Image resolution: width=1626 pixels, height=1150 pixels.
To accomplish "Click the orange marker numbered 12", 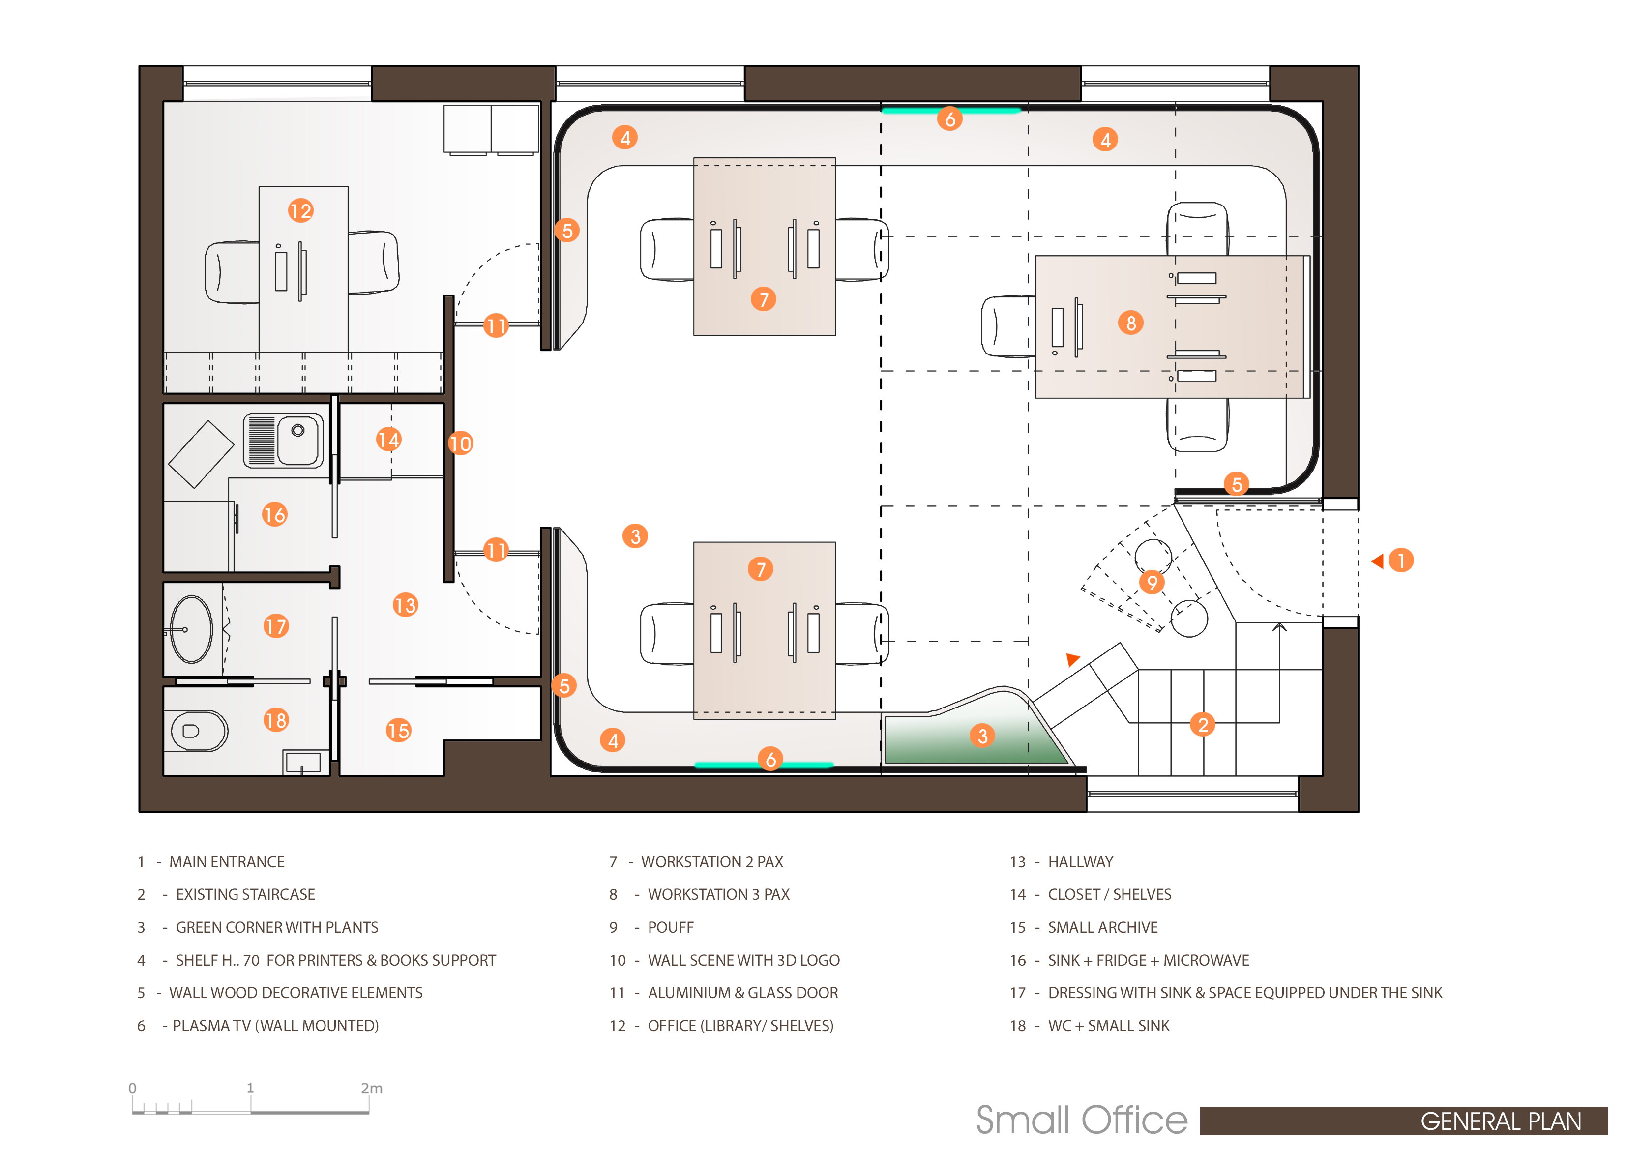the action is point(300,210).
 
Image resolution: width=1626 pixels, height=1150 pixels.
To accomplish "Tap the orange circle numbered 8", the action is point(1130,323).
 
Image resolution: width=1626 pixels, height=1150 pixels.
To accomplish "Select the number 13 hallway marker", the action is point(405,605).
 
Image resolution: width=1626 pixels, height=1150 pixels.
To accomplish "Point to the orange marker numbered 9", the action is point(1152,582).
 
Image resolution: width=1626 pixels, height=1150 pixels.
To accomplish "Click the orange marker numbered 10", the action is point(460,443).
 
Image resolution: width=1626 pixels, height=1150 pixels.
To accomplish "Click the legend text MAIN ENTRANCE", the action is point(227,862).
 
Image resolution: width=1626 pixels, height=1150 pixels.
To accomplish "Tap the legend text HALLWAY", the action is point(1081,862).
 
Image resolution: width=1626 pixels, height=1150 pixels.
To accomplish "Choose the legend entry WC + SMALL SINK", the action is point(1109,1026).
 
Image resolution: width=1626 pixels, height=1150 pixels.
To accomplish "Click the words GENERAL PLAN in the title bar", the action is point(1501,1121).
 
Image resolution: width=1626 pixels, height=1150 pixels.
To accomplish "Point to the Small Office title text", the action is point(1081,1120).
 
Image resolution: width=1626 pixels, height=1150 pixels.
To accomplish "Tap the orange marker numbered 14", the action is point(388,440).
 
